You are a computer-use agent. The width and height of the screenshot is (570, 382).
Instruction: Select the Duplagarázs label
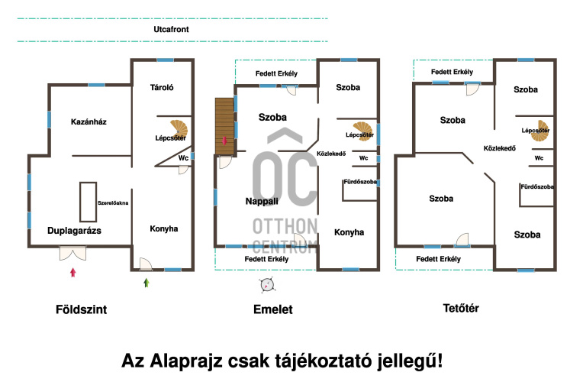click(75, 229)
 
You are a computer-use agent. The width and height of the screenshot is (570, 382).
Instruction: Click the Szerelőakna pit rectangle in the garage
click(88, 202)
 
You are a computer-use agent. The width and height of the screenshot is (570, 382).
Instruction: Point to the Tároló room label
click(163, 88)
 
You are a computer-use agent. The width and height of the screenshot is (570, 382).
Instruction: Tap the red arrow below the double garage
click(72, 272)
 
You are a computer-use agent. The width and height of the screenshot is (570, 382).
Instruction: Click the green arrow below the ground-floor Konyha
click(147, 283)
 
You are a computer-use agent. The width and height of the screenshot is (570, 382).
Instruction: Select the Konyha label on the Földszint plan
click(163, 228)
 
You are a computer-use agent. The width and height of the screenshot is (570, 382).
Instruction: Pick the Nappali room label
click(262, 202)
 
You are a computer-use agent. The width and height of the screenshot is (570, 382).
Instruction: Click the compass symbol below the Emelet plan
click(266, 285)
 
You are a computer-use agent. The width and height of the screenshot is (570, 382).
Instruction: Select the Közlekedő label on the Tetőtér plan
click(501, 148)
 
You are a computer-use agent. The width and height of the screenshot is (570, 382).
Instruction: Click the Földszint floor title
click(81, 310)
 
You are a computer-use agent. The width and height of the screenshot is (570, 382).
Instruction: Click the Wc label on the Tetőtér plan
click(539, 158)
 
